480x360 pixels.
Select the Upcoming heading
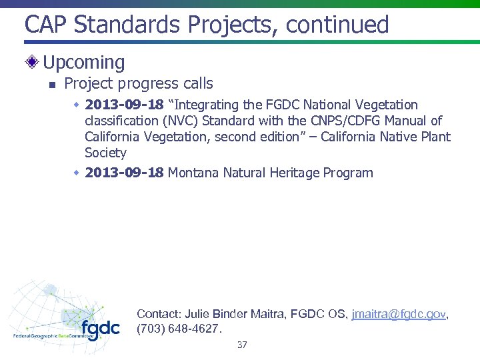[x=84, y=63]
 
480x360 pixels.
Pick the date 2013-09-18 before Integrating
[x=125, y=105]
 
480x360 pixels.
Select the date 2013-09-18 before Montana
[x=125, y=173]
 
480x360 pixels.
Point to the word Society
[x=105, y=153]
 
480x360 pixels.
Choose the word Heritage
[x=294, y=173]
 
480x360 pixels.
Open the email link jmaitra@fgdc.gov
[x=399, y=313]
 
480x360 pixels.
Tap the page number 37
[x=242, y=345]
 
